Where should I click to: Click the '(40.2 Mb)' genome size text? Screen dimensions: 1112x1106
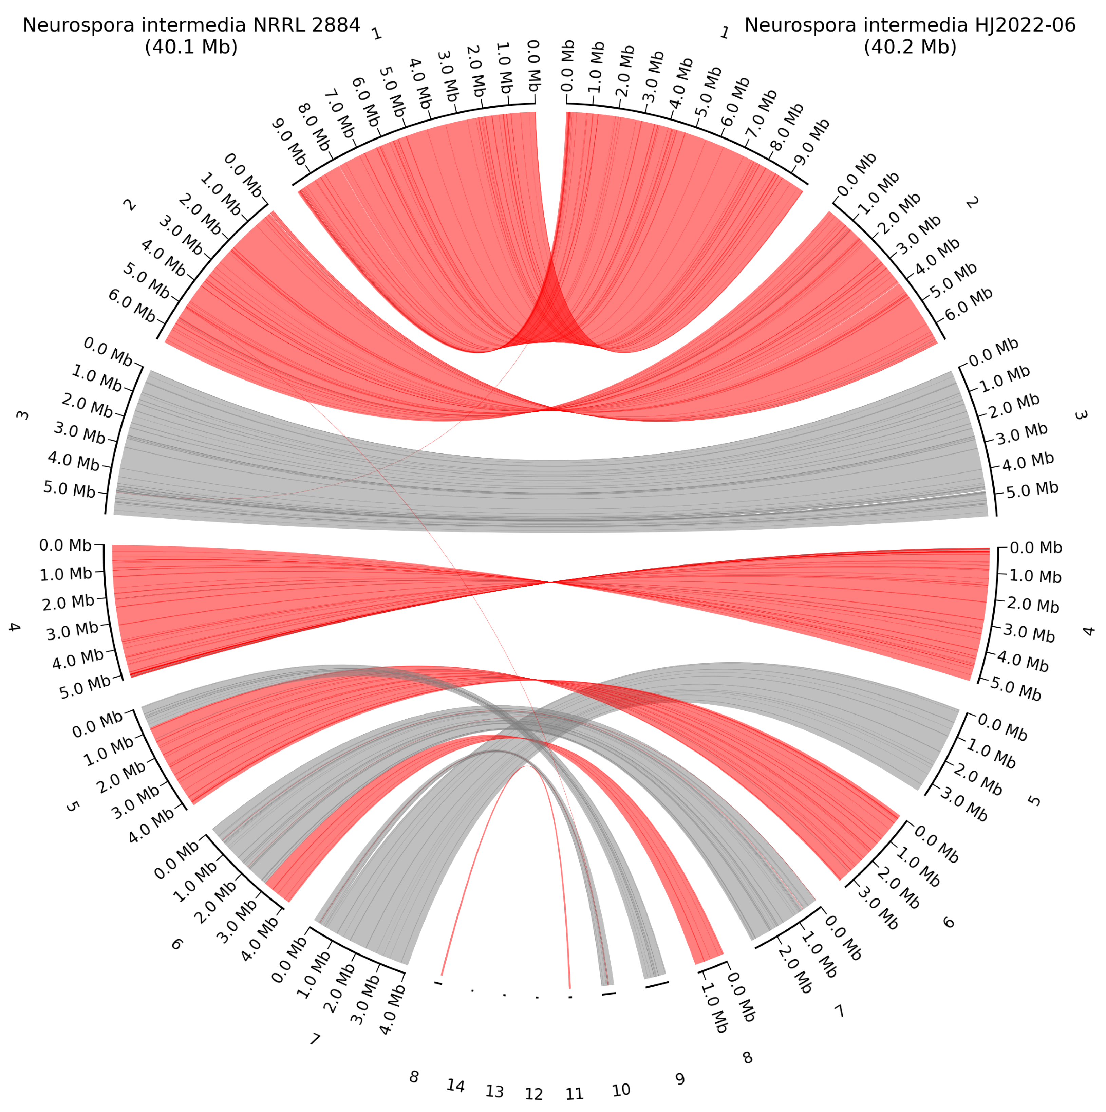[x=910, y=47]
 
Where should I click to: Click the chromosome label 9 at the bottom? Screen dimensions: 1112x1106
[x=680, y=1079]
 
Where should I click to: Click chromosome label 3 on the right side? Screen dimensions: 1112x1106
[x=1081, y=415]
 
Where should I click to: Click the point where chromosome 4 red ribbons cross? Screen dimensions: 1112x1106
[x=551, y=582]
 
